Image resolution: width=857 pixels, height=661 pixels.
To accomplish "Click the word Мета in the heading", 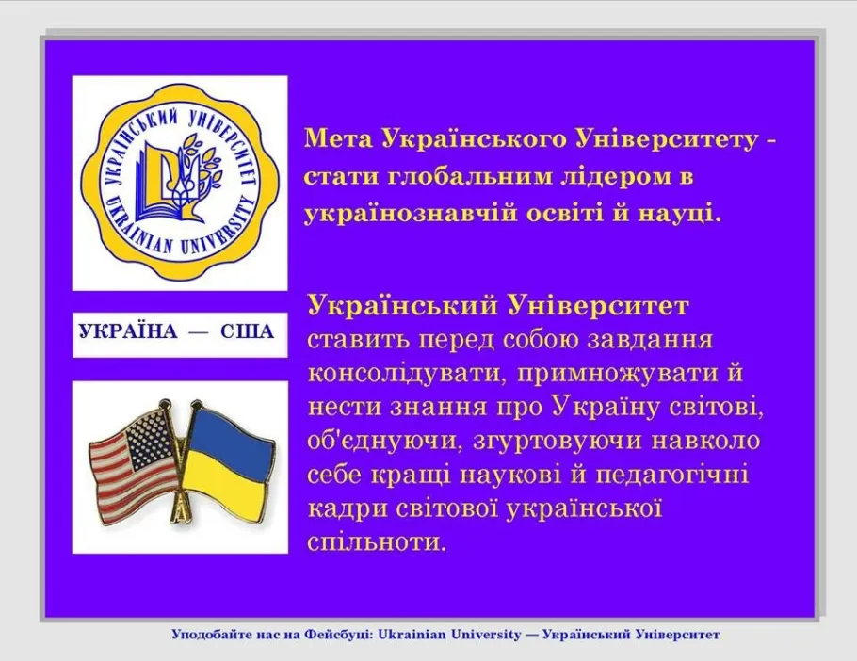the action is point(338,139).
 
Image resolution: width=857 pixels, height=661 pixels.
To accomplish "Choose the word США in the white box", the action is point(247,331).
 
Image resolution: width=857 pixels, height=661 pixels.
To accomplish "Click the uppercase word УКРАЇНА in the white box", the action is point(128,331).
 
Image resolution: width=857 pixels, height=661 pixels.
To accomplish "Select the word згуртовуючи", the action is point(552,442).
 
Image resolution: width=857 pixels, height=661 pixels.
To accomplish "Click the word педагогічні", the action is point(671,475).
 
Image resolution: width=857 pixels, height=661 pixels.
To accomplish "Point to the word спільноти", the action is point(377,542).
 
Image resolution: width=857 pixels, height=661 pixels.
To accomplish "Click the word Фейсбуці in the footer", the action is point(337,635).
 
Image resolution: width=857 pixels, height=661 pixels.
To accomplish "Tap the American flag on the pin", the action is point(135,459).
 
